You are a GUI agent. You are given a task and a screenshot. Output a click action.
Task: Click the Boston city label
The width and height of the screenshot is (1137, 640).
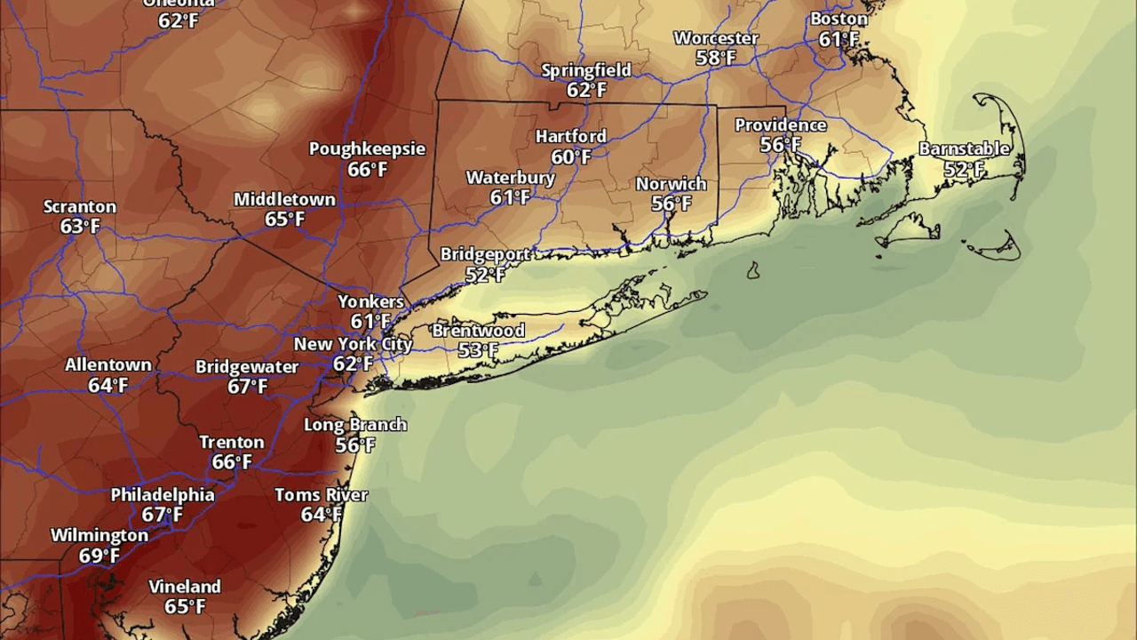(839, 19)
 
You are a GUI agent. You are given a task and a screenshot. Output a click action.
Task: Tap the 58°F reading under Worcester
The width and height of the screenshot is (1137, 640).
(716, 58)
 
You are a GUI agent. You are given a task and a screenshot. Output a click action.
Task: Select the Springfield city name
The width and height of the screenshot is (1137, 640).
(586, 70)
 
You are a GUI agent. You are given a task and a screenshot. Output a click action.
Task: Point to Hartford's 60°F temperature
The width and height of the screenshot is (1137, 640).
(571, 157)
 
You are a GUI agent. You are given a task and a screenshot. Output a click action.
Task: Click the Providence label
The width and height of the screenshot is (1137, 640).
(781, 125)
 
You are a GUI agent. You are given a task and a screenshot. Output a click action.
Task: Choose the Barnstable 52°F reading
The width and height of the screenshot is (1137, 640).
(964, 169)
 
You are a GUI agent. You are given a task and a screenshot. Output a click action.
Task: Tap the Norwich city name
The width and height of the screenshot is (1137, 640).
(672, 184)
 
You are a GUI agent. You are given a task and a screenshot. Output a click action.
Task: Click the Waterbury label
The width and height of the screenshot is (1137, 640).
(511, 178)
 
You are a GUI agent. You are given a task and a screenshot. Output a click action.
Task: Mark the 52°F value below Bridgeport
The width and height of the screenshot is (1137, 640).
(485, 275)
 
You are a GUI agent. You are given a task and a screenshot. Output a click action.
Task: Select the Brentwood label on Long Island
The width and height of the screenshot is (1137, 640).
(478, 331)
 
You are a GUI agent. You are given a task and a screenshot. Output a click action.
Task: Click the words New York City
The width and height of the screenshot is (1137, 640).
(354, 344)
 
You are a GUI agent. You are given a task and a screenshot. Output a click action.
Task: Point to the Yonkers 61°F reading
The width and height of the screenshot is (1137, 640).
(370, 322)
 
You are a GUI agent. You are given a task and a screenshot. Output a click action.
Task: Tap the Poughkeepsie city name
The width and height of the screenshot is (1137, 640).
(367, 148)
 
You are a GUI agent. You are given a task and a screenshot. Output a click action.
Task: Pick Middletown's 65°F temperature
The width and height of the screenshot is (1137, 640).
(284, 219)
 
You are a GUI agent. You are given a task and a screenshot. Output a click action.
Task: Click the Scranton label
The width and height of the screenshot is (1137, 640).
(80, 207)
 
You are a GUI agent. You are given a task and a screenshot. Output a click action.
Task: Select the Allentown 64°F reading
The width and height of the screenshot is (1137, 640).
(107, 386)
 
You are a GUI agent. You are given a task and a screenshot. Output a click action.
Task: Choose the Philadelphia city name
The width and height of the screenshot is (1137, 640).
(163, 495)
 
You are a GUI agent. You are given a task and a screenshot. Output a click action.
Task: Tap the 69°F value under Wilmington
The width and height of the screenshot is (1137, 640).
(99, 556)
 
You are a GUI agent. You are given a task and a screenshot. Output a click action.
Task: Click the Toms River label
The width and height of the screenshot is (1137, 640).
(321, 494)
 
